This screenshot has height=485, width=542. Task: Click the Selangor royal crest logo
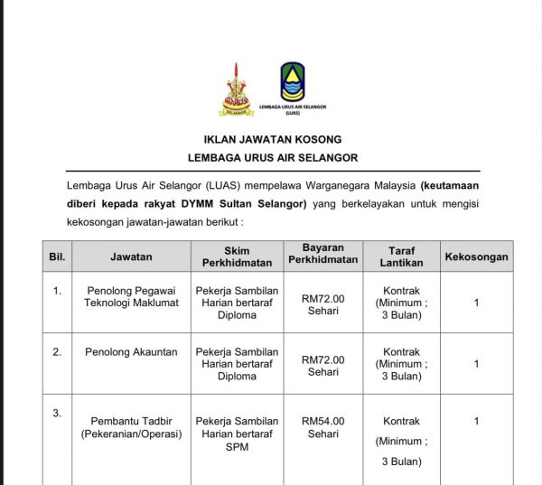click(x=237, y=89)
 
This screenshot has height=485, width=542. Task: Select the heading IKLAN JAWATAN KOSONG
click(x=272, y=139)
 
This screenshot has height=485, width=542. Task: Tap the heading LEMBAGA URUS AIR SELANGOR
click(x=272, y=157)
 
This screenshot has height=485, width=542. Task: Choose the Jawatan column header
click(x=131, y=256)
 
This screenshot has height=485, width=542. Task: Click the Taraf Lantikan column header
click(x=401, y=256)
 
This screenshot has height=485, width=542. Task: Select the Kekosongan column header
click(x=476, y=256)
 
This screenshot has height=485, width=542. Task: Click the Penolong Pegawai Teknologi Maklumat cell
click(x=132, y=297)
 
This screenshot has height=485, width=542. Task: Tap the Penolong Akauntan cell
click(x=132, y=352)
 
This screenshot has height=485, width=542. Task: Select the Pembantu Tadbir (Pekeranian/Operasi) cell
click(x=132, y=427)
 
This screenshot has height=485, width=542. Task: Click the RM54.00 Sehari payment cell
click(x=322, y=427)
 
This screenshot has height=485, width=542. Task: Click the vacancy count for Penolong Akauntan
click(x=476, y=364)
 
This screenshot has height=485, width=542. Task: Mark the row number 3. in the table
click(x=57, y=414)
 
